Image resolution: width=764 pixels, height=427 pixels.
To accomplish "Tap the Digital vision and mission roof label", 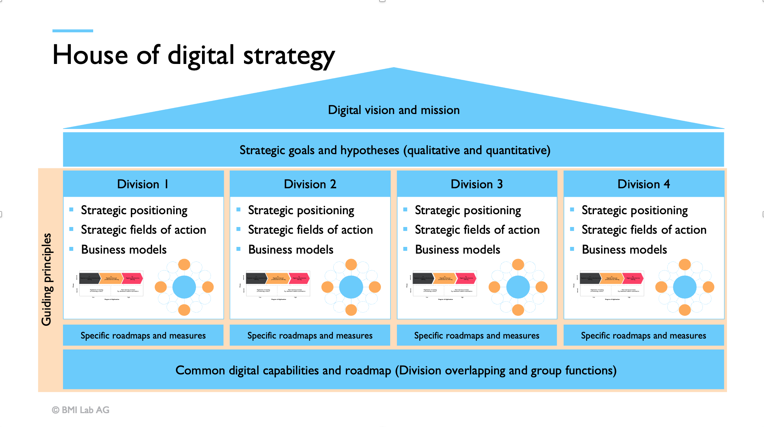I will (393, 110).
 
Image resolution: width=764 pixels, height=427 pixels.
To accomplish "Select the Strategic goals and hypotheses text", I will (394, 150).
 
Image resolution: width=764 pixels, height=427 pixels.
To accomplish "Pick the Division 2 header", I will (310, 184).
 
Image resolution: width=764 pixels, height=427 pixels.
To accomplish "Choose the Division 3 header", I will (477, 184).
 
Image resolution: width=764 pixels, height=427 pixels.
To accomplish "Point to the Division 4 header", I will (643, 184).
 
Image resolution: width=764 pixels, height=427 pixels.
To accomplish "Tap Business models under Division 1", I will (124, 249).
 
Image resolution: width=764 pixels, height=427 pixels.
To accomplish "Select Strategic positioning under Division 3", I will (468, 210).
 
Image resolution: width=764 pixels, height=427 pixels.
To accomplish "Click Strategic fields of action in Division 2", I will (310, 230).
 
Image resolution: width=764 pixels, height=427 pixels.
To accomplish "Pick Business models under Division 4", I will (624, 249).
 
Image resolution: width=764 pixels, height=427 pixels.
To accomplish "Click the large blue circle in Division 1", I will (184, 287).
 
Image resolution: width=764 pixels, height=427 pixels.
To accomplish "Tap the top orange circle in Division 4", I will (685, 265).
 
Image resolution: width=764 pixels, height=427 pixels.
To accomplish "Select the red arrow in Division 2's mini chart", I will (299, 278).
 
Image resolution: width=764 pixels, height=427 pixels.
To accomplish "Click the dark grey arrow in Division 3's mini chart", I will (423, 278).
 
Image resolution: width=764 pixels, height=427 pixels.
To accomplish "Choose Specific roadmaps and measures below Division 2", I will (310, 335).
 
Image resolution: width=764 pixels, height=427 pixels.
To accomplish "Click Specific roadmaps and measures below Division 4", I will (643, 335).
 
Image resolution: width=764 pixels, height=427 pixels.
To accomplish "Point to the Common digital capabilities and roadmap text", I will (396, 370).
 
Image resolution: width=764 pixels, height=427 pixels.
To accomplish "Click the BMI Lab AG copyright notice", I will (81, 410).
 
